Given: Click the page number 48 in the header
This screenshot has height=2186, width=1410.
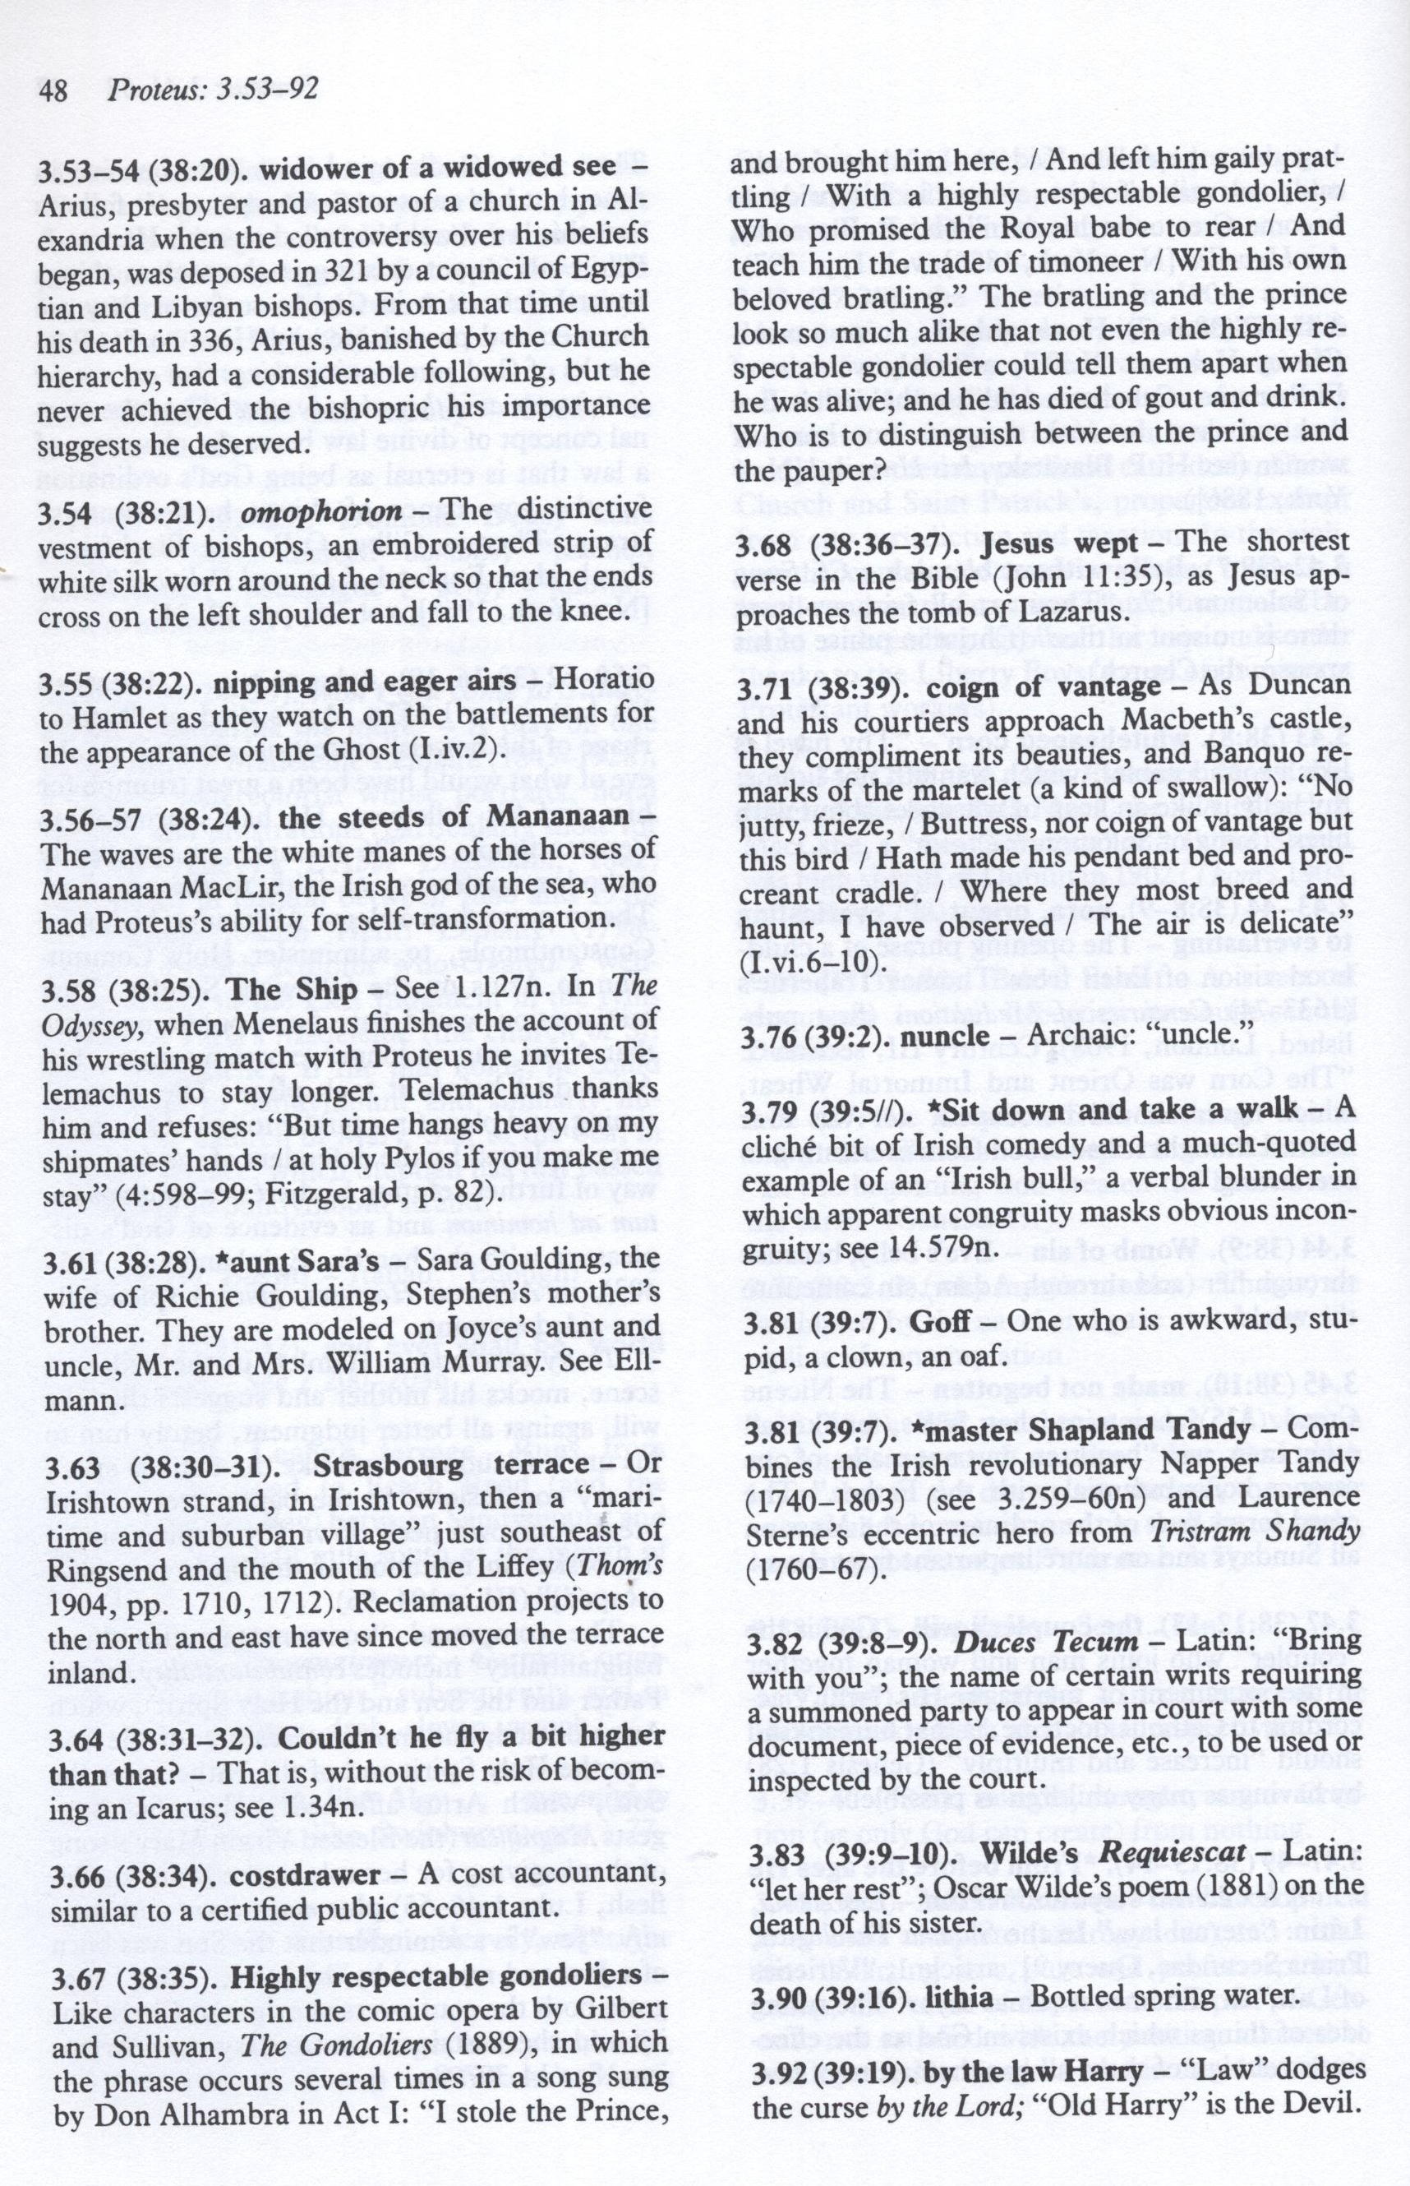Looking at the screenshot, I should click(x=56, y=90).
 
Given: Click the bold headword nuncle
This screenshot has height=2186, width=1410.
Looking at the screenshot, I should click(x=945, y=1038).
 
